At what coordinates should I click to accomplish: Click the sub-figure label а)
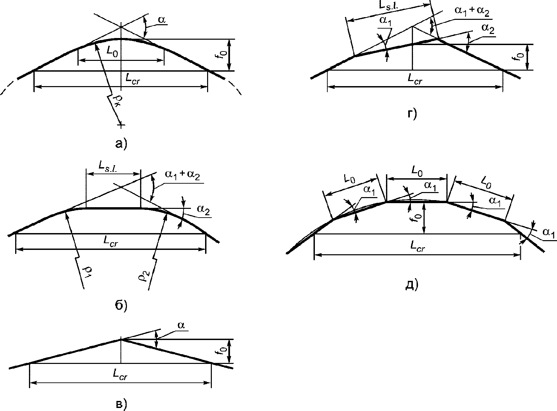121,144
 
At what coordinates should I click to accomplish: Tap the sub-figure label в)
121,404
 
